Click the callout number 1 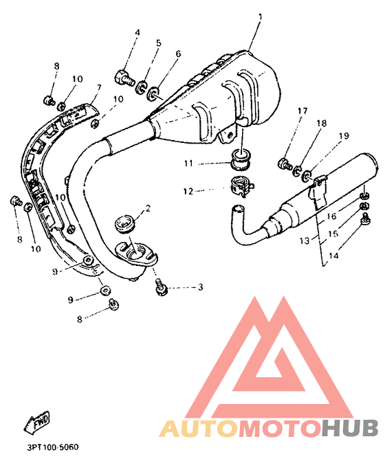pos(261,16)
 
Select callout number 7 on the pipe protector pos(98,88)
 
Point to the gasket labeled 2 pos(125,224)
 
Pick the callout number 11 pos(188,164)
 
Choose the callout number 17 pos(302,111)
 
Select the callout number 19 pos(344,136)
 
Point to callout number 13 pos(305,241)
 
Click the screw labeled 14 pos(366,219)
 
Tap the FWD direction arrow pos(37,423)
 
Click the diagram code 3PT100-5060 pos(53,447)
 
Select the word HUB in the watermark pos(349,428)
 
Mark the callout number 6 pos(178,54)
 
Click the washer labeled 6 pos(153,93)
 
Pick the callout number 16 pos(331,216)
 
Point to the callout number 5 pos(158,43)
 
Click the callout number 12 pos(188,191)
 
